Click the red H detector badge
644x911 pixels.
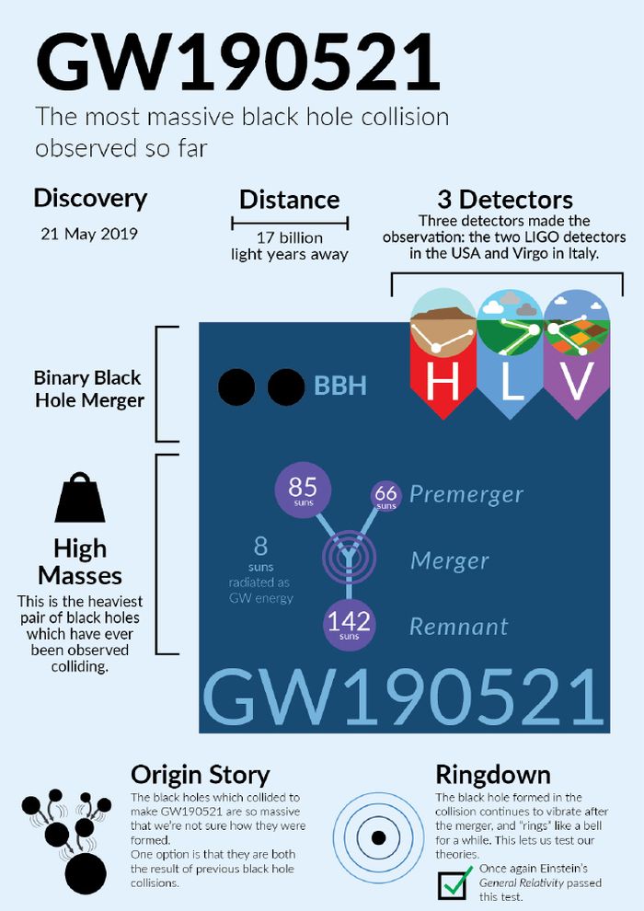(443, 359)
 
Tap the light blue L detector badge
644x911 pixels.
(511, 359)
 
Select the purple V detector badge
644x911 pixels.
(576, 359)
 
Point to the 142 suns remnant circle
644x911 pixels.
(350, 623)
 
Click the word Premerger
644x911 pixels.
(466, 494)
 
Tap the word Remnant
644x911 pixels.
(458, 627)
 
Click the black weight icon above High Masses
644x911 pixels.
(80, 499)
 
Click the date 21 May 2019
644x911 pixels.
(89, 233)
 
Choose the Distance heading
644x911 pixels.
(289, 200)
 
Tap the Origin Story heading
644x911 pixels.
(200, 774)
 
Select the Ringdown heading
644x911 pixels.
(493, 774)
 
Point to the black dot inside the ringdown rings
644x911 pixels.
(377, 838)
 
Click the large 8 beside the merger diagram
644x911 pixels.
(260, 544)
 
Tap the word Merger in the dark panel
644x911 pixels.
(449, 560)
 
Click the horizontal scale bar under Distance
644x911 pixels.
(289, 222)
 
